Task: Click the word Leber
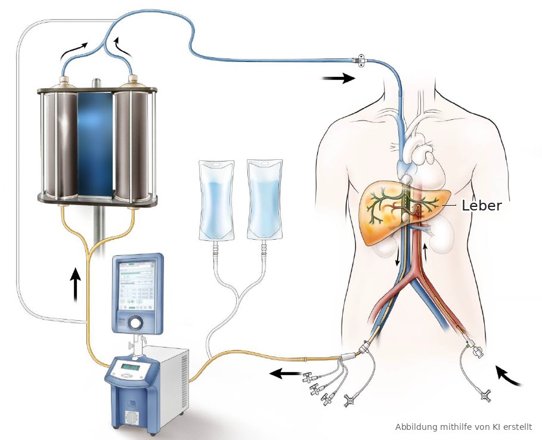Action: tap(482, 206)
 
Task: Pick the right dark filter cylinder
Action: tap(132, 143)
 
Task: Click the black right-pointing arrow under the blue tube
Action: tap(337, 78)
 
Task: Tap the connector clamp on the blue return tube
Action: tap(358, 61)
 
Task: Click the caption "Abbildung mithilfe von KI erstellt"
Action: tap(463, 427)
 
